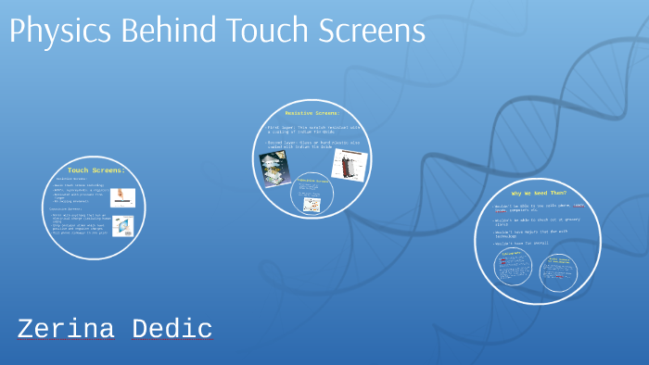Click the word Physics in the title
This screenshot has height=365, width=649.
[x=58, y=31]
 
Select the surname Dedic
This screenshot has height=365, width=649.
[x=172, y=329]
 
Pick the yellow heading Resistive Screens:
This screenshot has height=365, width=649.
[x=312, y=113]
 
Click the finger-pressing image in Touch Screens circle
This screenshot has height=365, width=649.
[x=122, y=197]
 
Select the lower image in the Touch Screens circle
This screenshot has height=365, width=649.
[x=122, y=225]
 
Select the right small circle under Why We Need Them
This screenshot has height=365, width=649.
[x=556, y=271]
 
